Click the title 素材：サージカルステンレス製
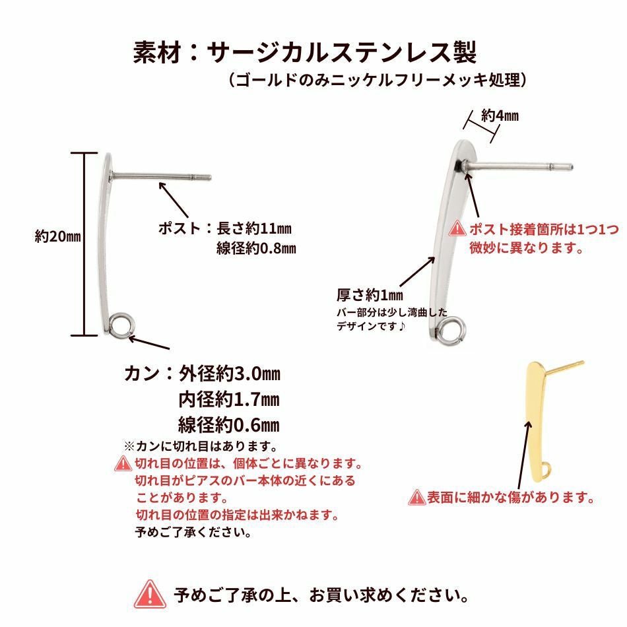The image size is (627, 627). pyautogui.click(x=305, y=52)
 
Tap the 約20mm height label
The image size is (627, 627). pyautogui.click(x=57, y=236)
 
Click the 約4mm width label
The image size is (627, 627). pyautogui.click(x=500, y=116)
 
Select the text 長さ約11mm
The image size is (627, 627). pyautogui.click(x=254, y=229)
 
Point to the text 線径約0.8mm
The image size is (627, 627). pyautogui.click(x=256, y=248)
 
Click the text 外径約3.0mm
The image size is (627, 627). pyautogui.click(x=229, y=374)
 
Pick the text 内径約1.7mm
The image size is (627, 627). pyautogui.click(x=229, y=399)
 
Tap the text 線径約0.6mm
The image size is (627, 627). pyautogui.click(x=229, y=424)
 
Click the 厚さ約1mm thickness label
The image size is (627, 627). pyautogui.click(x=370, y=295)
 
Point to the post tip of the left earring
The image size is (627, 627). pyautogui.click(x=211, y=178)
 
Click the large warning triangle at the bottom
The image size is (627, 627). pyautogui.click(x=150, y=595)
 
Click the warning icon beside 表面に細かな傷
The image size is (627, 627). pyautogui.click(x=417, y=498)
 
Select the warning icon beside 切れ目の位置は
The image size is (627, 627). pyautogui.click(x=123, y=464)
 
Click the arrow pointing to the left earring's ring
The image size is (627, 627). pyautogui.click(x=149, y=343)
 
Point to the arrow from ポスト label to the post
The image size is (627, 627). pyautogui.click(x=174, y=200)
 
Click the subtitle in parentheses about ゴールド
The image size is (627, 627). pyautogui.click(x=378, y=80)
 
